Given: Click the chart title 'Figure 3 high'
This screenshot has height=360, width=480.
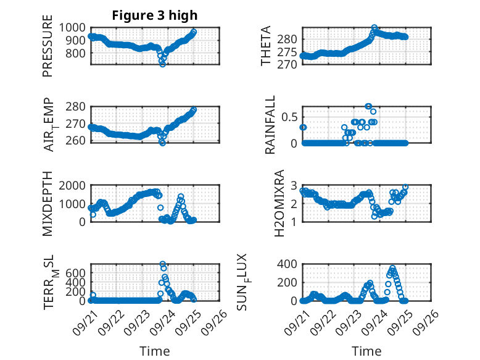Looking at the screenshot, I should (x=155, y=15).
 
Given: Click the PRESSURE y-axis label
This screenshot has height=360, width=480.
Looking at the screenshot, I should (x=48, y=50).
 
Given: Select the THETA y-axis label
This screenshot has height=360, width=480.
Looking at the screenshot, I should (x=266, y=46).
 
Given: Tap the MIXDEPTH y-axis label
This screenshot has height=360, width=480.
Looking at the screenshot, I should (x=48, y=203).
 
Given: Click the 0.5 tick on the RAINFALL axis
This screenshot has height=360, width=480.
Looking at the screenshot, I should (x=291, y=117).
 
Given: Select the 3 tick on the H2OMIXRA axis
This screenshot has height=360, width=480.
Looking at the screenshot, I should (x=295, y=185).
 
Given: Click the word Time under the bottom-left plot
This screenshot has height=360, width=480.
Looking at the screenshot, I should (x=155, y=351).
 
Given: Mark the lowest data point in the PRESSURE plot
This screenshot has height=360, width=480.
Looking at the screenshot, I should (x=163, y=64).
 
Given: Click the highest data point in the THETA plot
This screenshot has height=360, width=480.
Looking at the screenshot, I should (x=374, y=28).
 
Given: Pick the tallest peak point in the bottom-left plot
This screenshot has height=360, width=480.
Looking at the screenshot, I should (x=163, y=264).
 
